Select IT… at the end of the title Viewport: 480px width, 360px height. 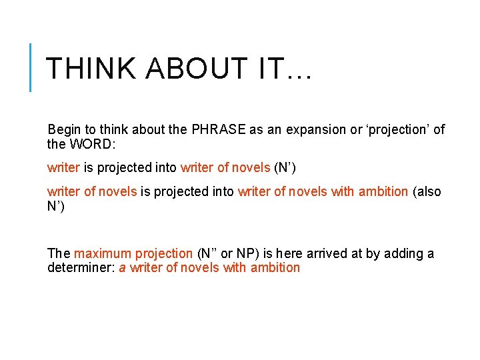pyautogui.click(x=285, y=68)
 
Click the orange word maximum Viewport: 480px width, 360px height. pyautogui.click(x=103, y=253)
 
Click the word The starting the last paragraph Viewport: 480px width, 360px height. pyautogui.click(x=59, y=253)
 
